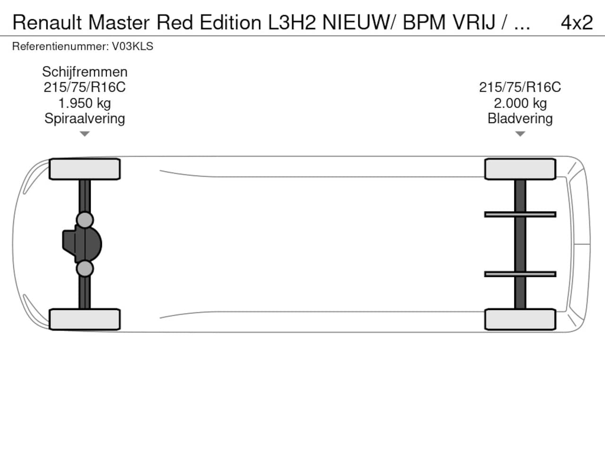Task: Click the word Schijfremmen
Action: [x=85, y=72]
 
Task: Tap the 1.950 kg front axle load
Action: [x=85, y=103]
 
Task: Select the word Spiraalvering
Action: [x=85, y=118]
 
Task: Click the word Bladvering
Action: [x=520, y=118]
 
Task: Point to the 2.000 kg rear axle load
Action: [x=520, y=103]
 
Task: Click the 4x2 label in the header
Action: [x=577, y=22]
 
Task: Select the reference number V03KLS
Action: [x=132, y=46]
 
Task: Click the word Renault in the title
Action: [x=47, y=22]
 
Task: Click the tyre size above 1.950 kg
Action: [x=85, y=87]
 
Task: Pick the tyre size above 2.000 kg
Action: [x=520, y=87]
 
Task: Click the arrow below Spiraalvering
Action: [x=85, y=134]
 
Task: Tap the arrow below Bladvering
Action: [x=520, y=134]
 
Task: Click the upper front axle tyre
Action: [x=85, y=169]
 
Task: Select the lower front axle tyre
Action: [x=85, y=319]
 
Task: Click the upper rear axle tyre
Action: [x=520, y=169]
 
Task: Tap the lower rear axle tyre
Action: [x=520, y=319]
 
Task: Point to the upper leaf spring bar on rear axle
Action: [x=520, y=214]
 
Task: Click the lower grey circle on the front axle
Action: [x=85, y=268]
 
